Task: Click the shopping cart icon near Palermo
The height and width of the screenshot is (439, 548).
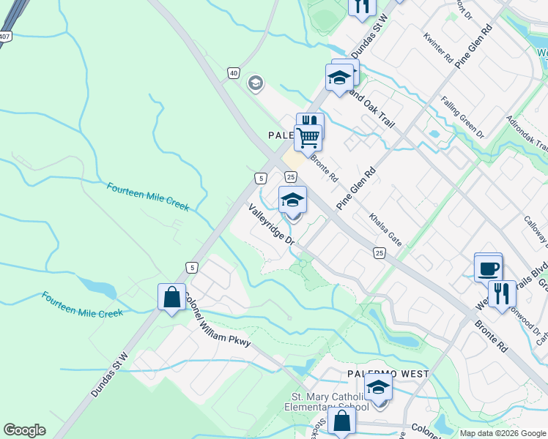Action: (x=308, y=136)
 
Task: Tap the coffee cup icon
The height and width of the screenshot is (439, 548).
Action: (x=488, y=268)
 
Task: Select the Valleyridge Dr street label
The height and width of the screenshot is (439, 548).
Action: (x=272, y=225)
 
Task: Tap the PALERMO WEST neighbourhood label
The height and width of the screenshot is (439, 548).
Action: (x=388, y=374)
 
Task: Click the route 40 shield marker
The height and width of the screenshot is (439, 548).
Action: (x=233, y=72)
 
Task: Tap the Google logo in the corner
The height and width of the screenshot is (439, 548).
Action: (x=24, y=430)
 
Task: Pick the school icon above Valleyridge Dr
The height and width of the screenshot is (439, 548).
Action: (x=292, y=200)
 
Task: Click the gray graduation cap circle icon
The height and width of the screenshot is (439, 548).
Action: (x=255, y=83)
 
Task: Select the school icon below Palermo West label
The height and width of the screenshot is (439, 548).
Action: (x=378, y=387)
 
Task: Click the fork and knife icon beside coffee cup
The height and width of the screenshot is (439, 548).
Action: (x=502, y=295)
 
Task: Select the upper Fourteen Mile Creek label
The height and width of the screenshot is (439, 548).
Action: (x=147, y=197)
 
